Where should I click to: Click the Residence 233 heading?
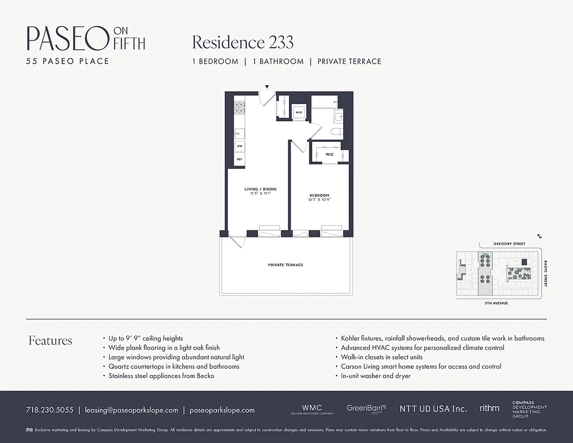point(242,43)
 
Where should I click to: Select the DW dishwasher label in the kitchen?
point(239,146)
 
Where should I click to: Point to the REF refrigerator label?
point(239,159)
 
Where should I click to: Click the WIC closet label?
point(329,154)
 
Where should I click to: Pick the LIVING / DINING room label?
point(260,192)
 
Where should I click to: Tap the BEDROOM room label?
point(319,198)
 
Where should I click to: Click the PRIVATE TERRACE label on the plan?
point(286,265)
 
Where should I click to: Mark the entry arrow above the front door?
point(267,87)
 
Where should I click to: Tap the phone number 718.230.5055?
point(49,410)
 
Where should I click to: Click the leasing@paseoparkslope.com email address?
point(131,410)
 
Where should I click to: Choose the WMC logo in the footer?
point(312,408)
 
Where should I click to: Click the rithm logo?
point(489,408)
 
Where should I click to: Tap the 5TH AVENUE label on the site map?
point(495,303)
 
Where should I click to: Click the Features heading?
point(50,341)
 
